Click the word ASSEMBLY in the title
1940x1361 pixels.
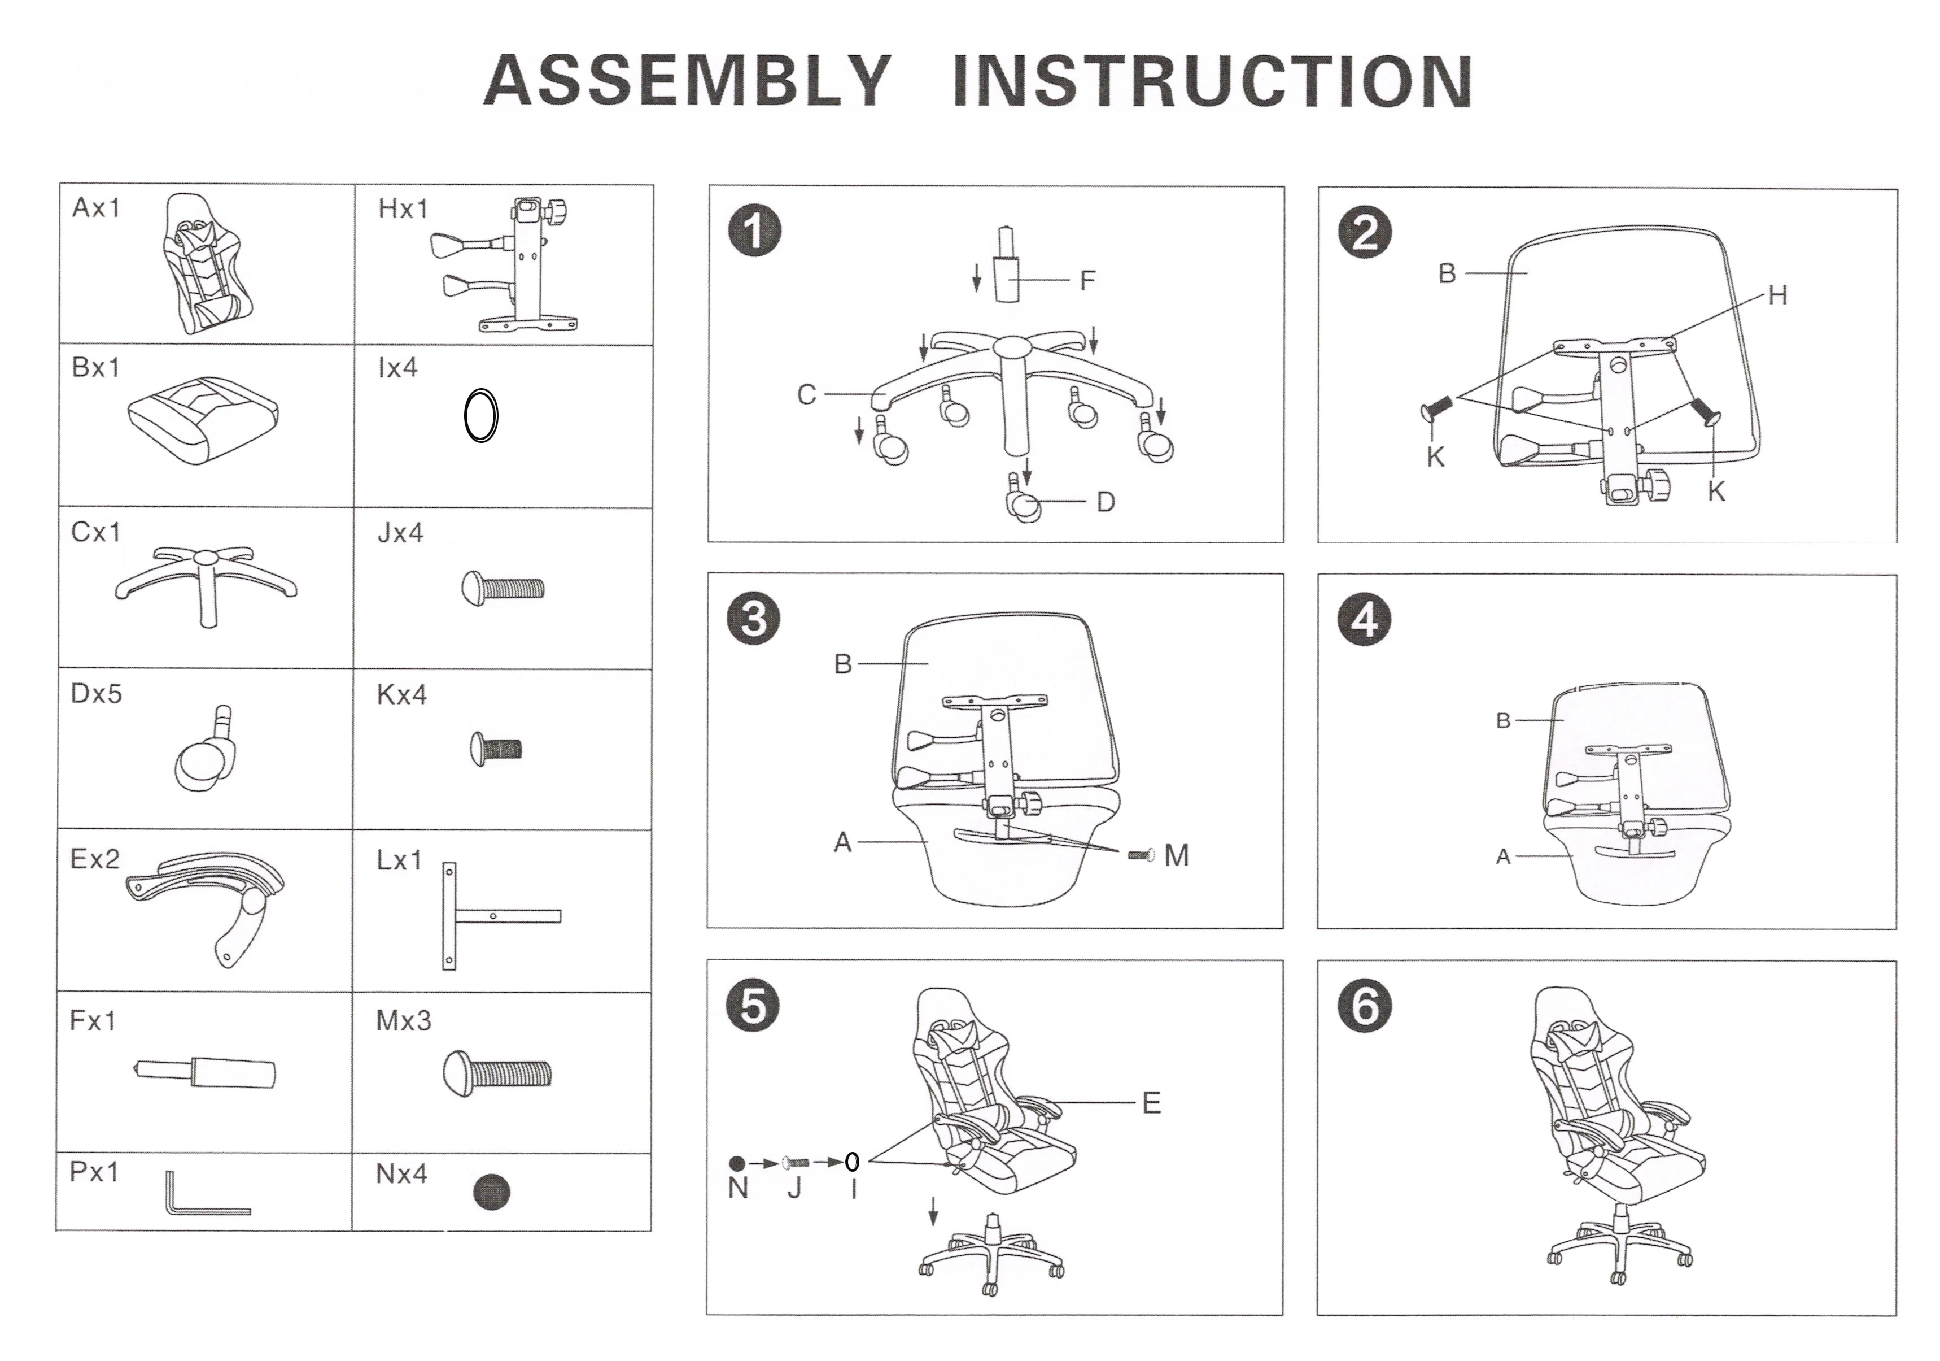pyautogui.click(x=687, y=81)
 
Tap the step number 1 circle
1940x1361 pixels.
pyautogui.click(x=754, y=232)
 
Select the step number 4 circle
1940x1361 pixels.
pyautogui.click(x=1365, y=620)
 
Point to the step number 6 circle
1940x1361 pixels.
pyautogui.click(x=1365, y=1006)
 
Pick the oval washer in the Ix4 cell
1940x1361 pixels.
pyautogui.click(x=481, y=416)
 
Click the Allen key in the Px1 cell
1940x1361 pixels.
pyautogui.click(x=203, y=1195)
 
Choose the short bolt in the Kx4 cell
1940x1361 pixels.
pyautogui.click(x=496, y=748)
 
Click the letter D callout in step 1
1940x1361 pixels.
pyautogui.click(x=1105, y=502)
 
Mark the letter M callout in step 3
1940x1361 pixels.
pyautogui.click(x=1176, y=855)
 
